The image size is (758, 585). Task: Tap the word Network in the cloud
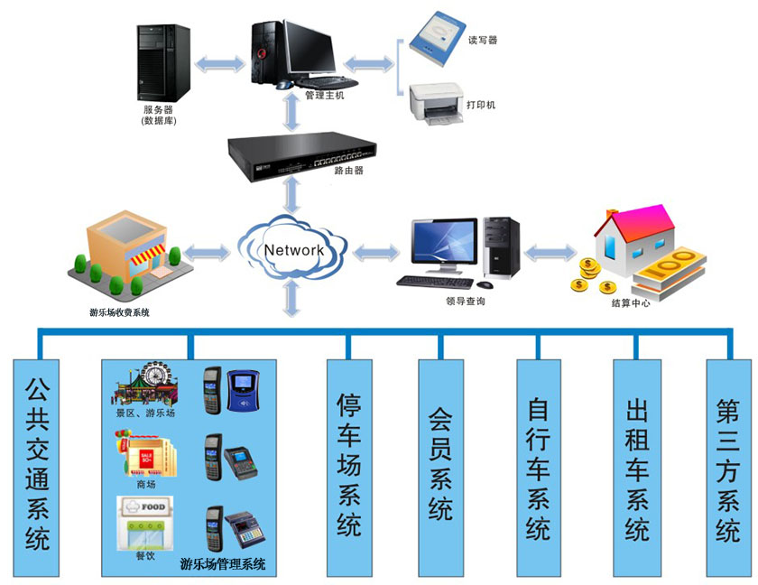click(x=292, y=250)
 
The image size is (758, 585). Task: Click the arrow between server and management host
click(x=219, y=62)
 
